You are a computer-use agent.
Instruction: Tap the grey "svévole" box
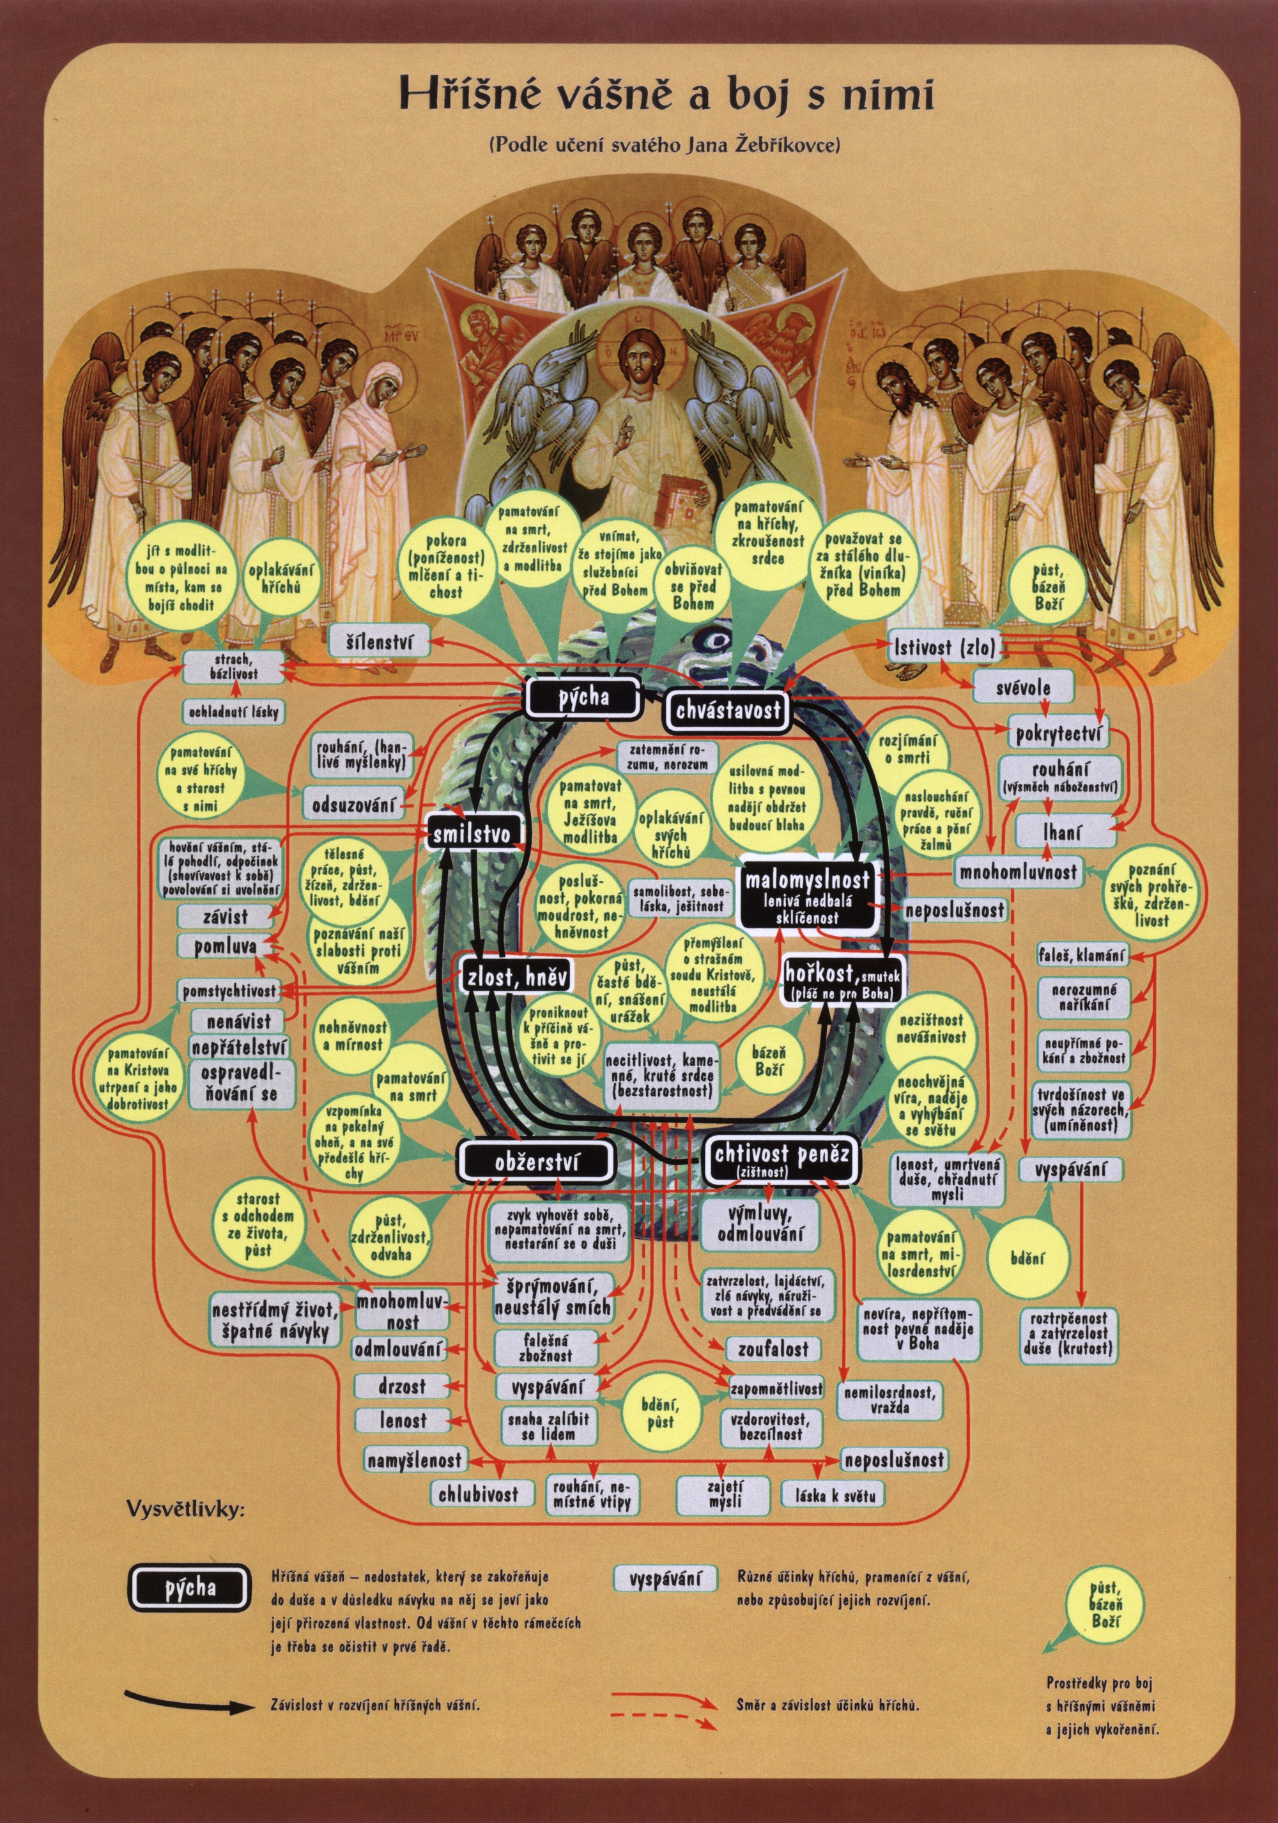click(x=1023, y=688)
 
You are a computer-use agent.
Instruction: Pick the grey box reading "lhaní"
click(x=1067, y=832)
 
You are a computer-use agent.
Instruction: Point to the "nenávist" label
click(x=238, y=1020)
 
